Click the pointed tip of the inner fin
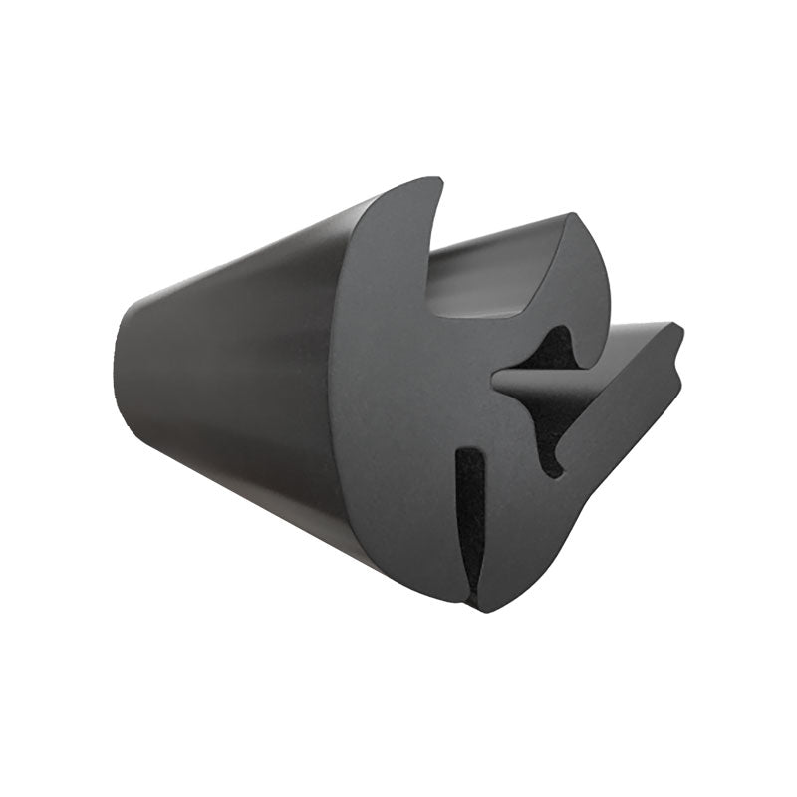pyautogui.click(x=495, y=379)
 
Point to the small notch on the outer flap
pyautogui.click(x=676, y=368)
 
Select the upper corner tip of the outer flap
pyautogui.click(x=679, y=329)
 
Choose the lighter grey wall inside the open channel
pyautogui.click(x=498, y=259)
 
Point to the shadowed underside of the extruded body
pyautogui.click(x=249, y=468)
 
